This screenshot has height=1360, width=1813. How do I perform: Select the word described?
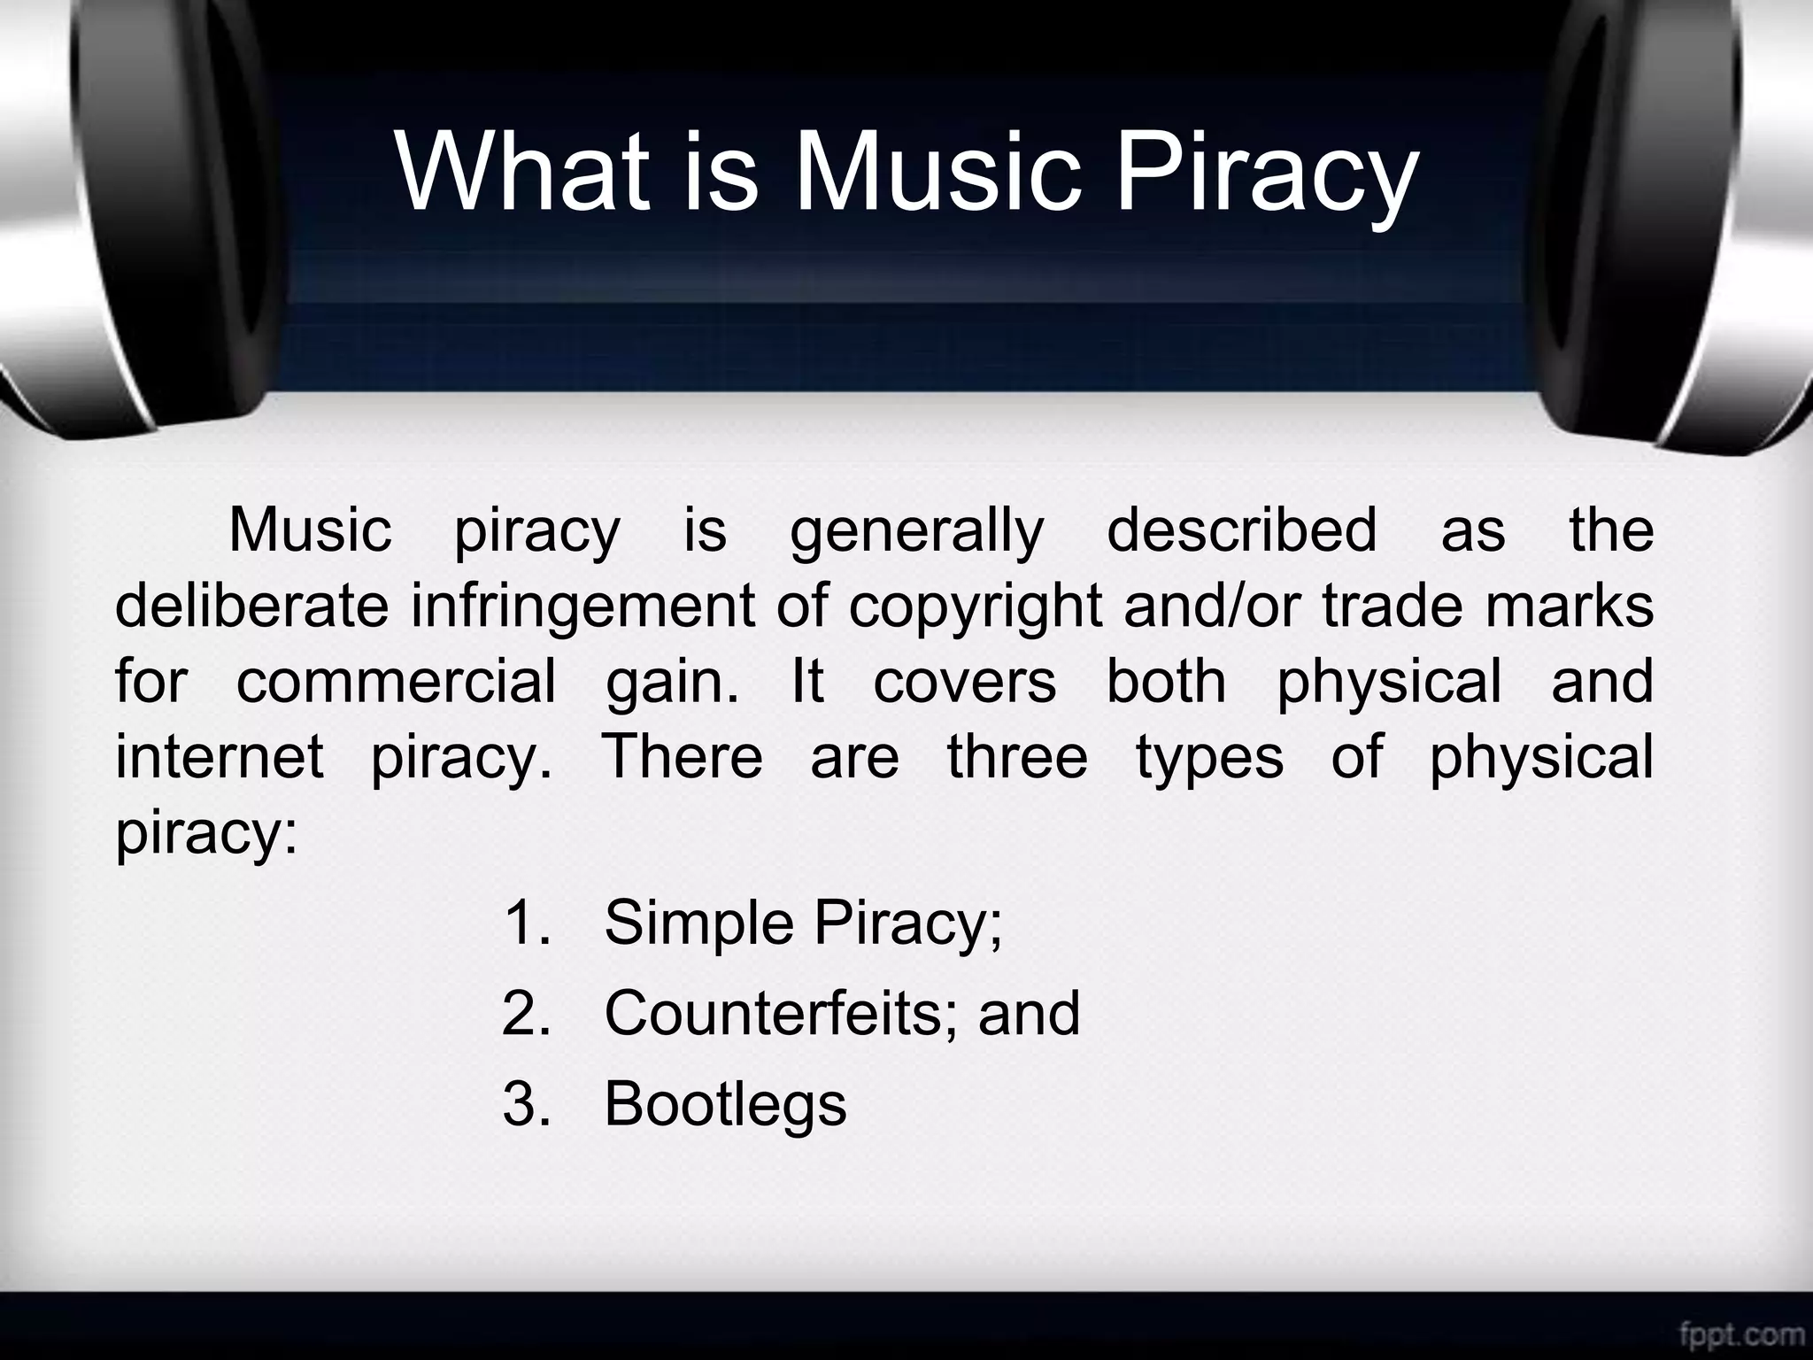point(1241,530)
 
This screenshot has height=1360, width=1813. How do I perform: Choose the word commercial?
point(396,682)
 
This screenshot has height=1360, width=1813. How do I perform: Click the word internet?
point(220,758)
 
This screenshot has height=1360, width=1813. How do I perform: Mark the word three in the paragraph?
point(1017,758)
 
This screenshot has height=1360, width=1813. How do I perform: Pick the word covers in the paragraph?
point(964,682)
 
